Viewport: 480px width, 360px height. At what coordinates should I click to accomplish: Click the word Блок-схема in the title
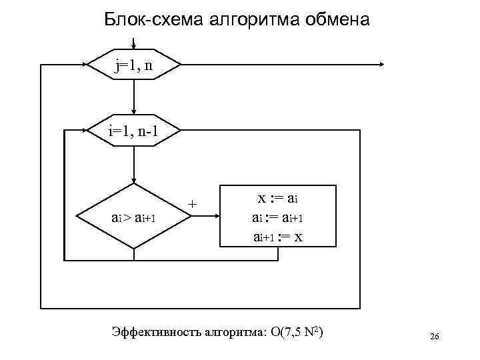tap(144, 20)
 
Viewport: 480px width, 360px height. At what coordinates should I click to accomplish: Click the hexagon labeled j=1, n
tap(134, 65)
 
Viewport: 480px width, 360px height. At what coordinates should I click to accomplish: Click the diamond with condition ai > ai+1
tap(134, 216)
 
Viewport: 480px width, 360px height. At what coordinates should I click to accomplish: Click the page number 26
tap(434, 337)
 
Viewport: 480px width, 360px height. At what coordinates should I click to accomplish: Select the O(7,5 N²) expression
tap(296, 333)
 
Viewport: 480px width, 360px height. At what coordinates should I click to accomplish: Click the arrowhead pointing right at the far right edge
tap(382, 65)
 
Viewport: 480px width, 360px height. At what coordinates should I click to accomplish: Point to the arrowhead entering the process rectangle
tap(217, 215)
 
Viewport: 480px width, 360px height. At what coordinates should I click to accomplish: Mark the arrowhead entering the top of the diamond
tap(134, 179)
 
